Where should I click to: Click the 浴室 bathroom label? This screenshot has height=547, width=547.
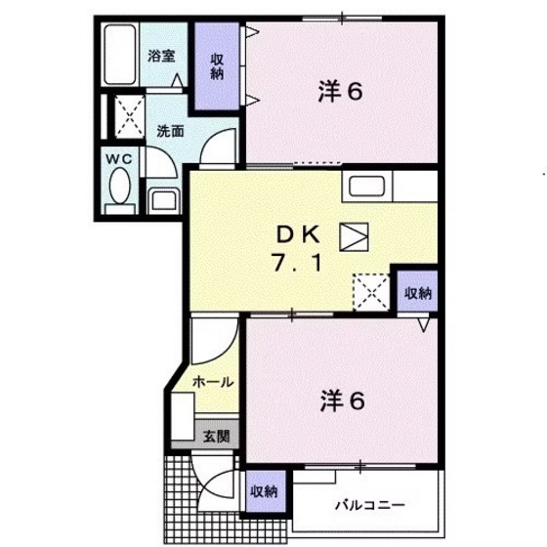pyautogui.click(x=162, y=56)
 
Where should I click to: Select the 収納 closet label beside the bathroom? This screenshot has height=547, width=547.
pyautogui.click(x=218, y=66)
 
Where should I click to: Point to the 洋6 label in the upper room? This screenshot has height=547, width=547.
pyautogui.click(x=340, y=92)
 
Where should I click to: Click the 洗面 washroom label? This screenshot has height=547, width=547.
pyautogui.click(x=170, y=130)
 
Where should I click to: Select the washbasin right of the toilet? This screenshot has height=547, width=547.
pyautogui.click(x=161, y=199)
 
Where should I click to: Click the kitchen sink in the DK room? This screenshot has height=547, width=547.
pyautogui.click(x=365, y=187)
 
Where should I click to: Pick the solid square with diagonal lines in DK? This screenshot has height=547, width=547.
pyautogui.click(x=354, y=234)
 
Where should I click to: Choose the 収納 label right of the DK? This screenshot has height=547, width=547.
pyautogui.click(x=417, y=293)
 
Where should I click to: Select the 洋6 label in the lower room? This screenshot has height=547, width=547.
pyautogui.click(x=340, y=400)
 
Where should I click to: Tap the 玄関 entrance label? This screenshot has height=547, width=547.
pyautogui.click(x=217, y=437)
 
